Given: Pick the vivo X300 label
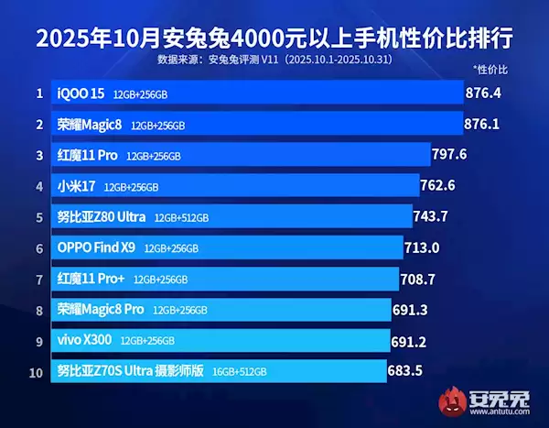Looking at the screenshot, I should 85,340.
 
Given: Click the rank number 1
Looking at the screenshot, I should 39,93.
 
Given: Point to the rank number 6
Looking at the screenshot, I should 39,247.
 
